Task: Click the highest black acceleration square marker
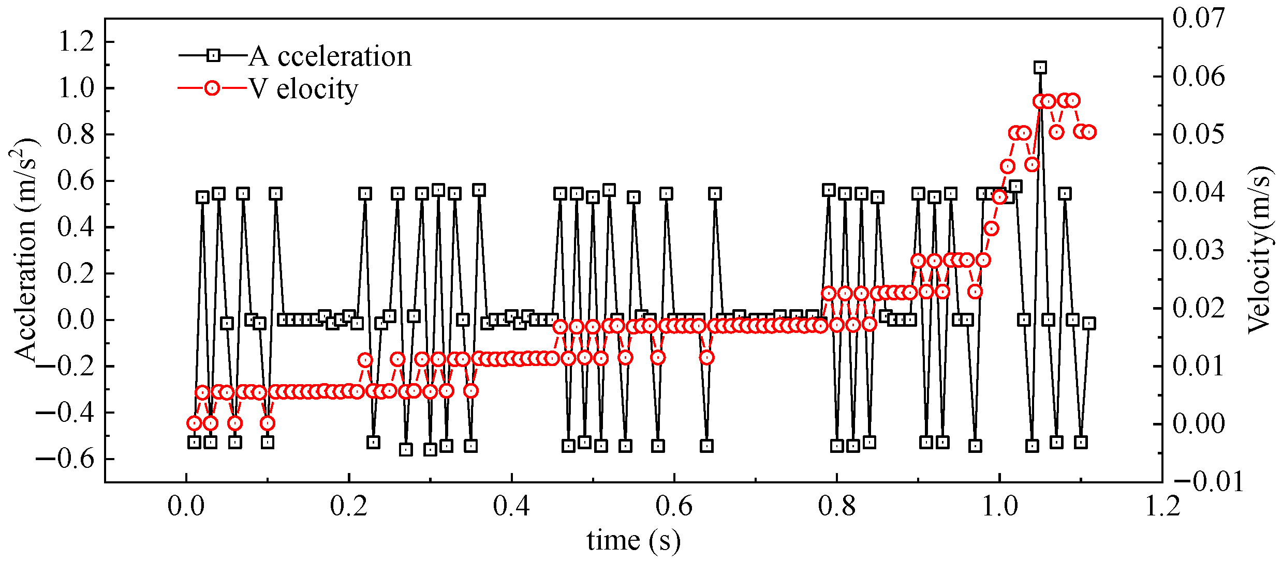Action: click(x=1040, y=67)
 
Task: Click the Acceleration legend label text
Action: click(x=330, y=56)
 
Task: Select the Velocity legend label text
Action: click(x=304, y=89)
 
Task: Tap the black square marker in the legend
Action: click(x=213, y=55)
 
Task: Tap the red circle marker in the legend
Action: click(x=212, y=88)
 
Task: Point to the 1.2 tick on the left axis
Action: click(x=77, y=41)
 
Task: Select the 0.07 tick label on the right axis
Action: click(x=1199, y=18)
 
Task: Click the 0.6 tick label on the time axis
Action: click(x=674, y=506)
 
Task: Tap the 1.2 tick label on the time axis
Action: click(x=1162, y=506)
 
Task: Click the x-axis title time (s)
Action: click(x=633, y=540)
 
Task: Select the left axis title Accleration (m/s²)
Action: click(x=25, y=249)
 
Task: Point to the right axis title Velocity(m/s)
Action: click(x=1260, y=249)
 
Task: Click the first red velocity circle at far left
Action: click(x=194, y=423)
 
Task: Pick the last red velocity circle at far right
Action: click(x=1088, y=132)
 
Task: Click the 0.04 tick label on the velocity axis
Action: click(x=1199, y=192)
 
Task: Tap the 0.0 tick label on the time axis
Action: click(x=186, y=506)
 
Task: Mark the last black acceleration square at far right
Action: click(x=1088, y=323)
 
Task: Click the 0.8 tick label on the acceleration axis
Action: click(x=77, y=134)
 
